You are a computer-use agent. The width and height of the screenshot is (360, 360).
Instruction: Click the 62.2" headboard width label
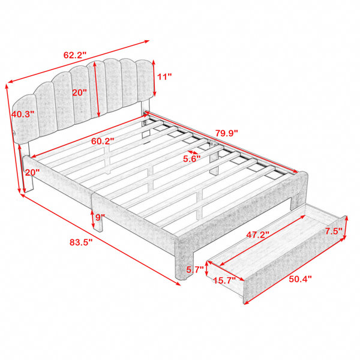click(x=74, y=55)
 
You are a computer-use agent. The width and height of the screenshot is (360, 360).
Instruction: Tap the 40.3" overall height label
click(x=23, y=114)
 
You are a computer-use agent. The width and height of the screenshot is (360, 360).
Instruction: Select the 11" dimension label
click(x=164, y=77)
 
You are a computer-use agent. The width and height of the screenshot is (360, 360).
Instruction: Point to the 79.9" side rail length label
click(x=226, y=133)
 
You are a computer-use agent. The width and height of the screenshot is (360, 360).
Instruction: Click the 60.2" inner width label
click(x=103, y=141)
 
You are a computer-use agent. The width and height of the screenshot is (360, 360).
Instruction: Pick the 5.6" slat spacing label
click(x=192, y=158)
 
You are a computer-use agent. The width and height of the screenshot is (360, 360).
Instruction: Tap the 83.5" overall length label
click(x=81, y=242)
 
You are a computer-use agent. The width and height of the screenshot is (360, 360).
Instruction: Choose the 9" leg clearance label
click(x=100, y=217)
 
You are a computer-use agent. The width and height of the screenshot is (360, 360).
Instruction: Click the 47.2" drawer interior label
click(x=257, y=235)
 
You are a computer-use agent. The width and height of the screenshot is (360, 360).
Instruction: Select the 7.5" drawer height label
click(x=334, y=231)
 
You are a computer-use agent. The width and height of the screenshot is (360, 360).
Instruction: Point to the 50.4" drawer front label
click(x=301, y=279)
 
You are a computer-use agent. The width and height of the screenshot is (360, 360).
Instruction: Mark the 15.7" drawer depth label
click(x=224, y=280)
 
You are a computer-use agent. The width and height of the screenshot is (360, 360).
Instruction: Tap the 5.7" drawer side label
click(x=195, y=269)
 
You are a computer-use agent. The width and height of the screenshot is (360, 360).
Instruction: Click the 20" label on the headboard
click(x=80, y=92)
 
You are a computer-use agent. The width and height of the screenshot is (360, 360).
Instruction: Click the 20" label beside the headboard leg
click(x=32, y=172)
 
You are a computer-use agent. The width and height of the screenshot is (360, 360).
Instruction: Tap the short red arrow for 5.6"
click(x=193, y=152)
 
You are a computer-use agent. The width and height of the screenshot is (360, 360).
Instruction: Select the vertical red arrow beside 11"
click(x=154, y=78)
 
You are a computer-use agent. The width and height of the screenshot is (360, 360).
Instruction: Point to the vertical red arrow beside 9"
click(x=93, y=219)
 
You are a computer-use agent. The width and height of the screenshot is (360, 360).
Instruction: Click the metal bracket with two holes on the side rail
click(x=214, y=144)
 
